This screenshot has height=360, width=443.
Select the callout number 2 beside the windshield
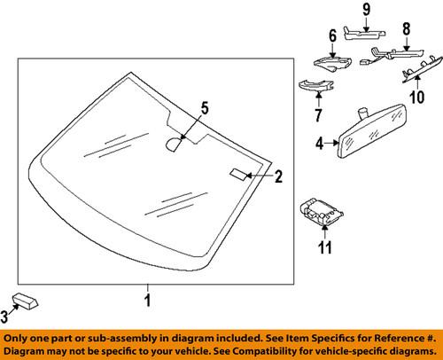pos(277,177)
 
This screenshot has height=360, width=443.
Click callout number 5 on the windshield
pos(204,109)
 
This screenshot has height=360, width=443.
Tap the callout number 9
pos(365,10)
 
